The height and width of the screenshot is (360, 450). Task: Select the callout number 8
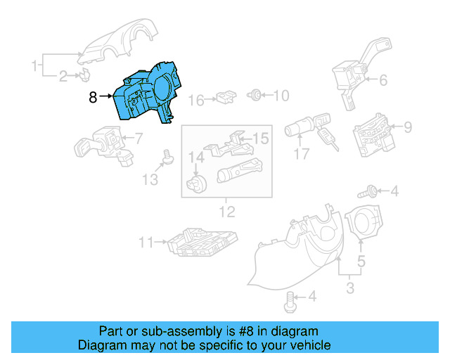(94, 98)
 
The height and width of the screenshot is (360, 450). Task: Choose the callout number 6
(382, 80)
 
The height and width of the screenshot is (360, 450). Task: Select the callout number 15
(261, 139)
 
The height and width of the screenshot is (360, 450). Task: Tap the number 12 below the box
(227, 211)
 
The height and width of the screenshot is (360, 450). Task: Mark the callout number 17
(302, 153)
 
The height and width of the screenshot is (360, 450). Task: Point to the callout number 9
(406, 127)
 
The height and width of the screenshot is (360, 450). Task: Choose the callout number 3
(350, 288)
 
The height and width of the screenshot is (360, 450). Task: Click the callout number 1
(34, 66)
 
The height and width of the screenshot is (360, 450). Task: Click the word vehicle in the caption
(308, 345)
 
